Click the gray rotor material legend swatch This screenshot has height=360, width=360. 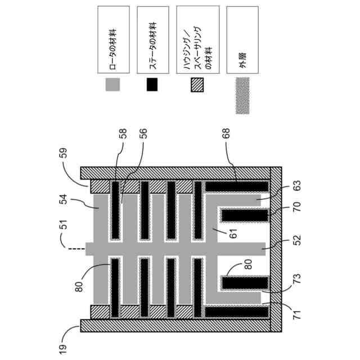113,84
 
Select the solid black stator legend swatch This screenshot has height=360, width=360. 152,84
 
